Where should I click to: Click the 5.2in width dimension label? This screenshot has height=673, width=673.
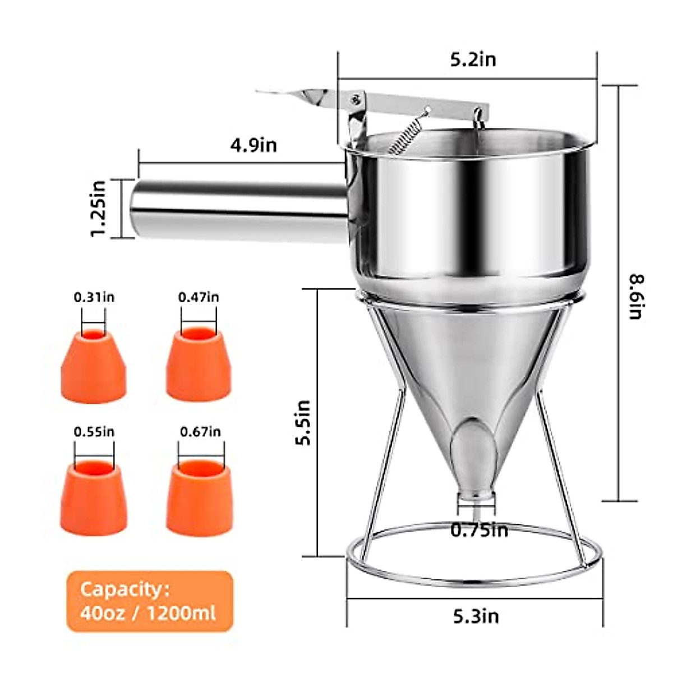(x=473, y=59)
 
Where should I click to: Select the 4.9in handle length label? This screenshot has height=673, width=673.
(x=253, y=145)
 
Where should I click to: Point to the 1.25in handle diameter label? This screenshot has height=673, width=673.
(x=99, y=209)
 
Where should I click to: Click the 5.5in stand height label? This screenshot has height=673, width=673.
(x=303, y=422)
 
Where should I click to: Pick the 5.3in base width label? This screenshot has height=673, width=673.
(x=476, y=616)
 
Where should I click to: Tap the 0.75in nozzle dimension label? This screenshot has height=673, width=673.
(x=480, y=530)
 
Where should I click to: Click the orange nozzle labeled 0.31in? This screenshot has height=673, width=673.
(x=94, y=367)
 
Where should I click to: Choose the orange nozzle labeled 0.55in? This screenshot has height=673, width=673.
(x=94, y=499)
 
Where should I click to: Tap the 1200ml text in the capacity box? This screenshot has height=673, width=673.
(x=181, y=613)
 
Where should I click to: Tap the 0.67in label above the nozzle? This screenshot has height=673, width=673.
(x=200, y=432)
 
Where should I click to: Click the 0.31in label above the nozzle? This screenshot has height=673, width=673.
(x=94, y=297)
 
